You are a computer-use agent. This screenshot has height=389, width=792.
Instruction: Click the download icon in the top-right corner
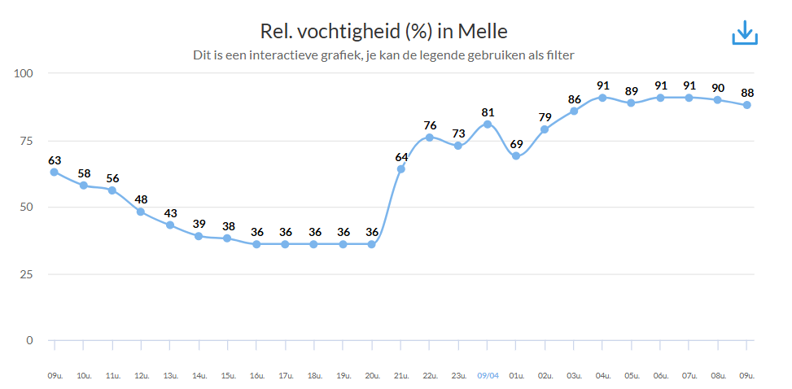point(745,32)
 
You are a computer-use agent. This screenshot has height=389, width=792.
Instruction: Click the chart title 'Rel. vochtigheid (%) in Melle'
point(383,32)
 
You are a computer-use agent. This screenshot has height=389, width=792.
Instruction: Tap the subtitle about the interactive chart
point(383,55)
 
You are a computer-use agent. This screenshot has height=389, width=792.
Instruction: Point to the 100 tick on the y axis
point(24,73)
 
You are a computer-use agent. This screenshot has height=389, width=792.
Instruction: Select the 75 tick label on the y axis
point(27,140)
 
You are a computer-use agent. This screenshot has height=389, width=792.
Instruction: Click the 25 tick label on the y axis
point(27,273)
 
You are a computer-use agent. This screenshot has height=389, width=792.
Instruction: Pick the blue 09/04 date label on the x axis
point(488,376)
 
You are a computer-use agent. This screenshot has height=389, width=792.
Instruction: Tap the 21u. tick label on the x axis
point(401,376)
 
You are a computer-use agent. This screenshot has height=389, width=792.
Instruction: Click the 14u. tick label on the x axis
point(199,376)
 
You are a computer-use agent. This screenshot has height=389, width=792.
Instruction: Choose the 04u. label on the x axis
point(602,376)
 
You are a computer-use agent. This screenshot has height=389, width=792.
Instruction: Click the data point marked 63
point(54,172)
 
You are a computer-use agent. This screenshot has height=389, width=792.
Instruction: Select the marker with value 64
point(401,169)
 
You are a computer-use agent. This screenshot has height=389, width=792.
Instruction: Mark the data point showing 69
point(516,155)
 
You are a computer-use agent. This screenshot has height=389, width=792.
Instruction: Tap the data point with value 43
point(170,225)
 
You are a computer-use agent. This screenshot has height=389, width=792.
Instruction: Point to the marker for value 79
point(545,129)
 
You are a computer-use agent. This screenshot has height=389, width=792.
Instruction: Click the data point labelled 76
point(430,137)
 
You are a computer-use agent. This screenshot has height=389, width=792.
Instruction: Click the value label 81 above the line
point(488,112)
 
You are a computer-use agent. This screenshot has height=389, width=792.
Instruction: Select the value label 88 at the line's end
point(747,93)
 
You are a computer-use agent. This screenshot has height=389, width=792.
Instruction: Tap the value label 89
point(631,90)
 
